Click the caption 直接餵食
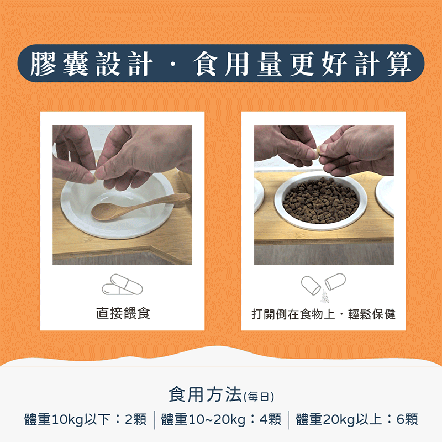pos(123,314)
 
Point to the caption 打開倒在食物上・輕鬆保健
pos(323,314)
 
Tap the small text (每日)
pos(259,397)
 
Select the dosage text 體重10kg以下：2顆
pos(86,419)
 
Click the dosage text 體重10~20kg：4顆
pos(221,419)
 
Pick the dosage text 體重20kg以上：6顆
pos(356,419)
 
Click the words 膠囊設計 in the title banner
pos(91,64)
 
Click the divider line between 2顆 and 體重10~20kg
pos(154,419)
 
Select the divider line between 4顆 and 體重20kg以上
pos(288,419)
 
